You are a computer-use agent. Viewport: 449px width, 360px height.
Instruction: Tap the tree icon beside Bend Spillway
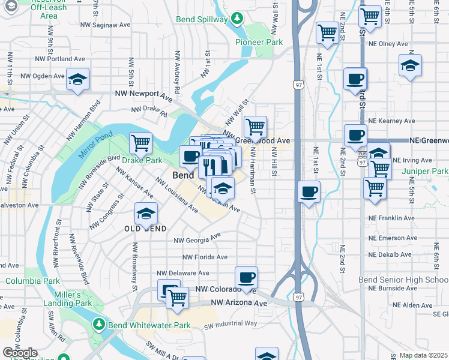(238, 19)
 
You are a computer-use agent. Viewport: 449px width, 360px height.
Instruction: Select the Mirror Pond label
(90, 146)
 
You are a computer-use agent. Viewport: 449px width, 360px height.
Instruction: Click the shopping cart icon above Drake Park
(140, 143)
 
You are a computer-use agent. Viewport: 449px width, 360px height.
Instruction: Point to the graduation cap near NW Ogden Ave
(78, 79)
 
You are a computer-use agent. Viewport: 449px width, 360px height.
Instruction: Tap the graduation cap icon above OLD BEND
(145, 214)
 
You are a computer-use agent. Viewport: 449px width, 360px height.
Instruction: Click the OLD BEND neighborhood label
(141, 229)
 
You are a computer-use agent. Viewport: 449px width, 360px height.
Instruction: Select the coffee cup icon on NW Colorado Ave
(246, 277)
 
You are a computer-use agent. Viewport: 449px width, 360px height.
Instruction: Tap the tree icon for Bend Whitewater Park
(99, 325)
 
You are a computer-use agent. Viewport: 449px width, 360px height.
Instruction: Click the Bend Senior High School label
(403, 280)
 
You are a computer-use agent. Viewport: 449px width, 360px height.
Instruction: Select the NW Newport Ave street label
(144, 95)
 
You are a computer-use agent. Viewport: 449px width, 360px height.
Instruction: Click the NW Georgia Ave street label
(197, 239)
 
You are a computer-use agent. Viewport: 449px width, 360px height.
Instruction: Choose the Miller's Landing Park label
(67, 299)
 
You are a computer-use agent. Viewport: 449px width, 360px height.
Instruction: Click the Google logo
(20, 353)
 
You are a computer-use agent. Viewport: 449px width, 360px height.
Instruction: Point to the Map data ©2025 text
(423, 355)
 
